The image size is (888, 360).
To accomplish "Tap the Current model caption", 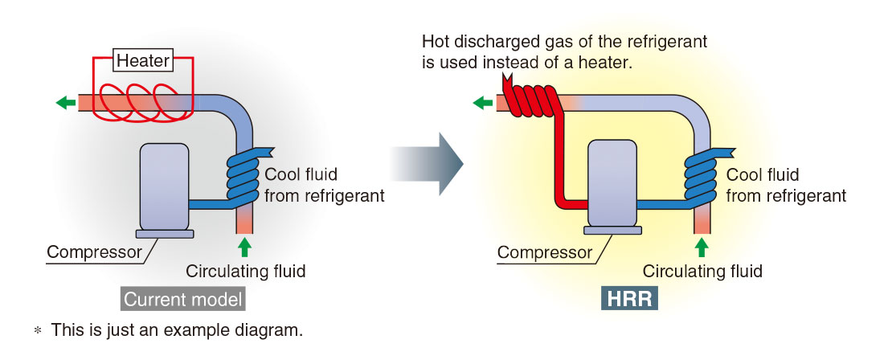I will point(183,300).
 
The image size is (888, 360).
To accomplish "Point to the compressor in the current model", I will point(165,188).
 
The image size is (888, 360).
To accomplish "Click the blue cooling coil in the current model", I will point(242,179).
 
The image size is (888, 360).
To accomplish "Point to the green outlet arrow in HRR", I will point(483,102).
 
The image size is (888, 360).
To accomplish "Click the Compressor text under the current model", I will point(94,252).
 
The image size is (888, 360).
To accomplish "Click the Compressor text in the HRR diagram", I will point(543,252).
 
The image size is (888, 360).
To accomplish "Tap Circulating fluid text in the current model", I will point(245,271).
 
